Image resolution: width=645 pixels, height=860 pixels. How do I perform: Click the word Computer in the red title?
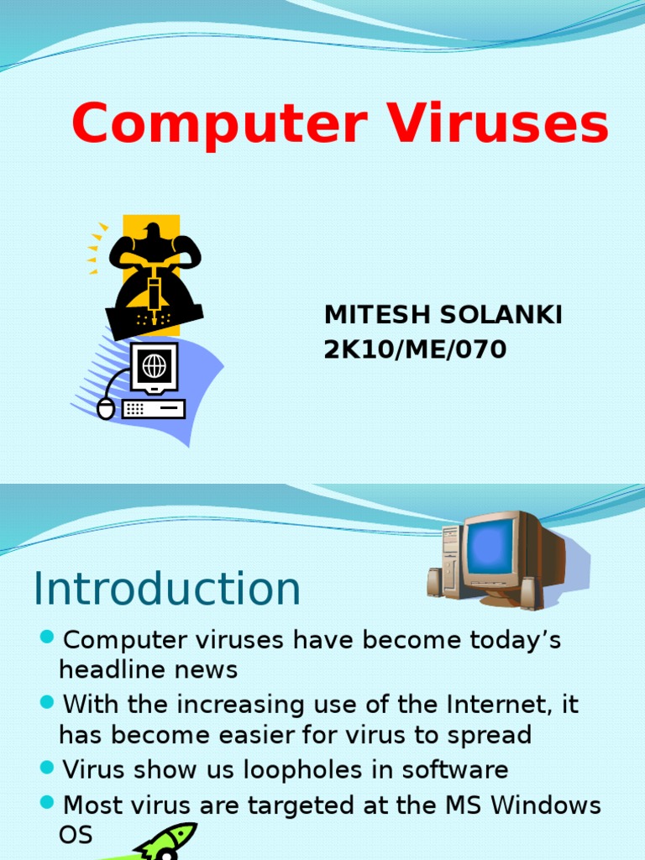219,124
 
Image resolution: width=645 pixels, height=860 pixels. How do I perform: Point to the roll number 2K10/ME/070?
416,349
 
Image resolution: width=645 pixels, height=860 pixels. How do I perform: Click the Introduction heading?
166,589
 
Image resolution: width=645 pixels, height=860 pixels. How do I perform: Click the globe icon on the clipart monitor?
154,365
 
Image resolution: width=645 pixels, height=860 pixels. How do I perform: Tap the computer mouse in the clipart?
106,408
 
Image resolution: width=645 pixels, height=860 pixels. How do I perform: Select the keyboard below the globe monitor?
153,409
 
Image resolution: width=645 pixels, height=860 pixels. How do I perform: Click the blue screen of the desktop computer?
490,546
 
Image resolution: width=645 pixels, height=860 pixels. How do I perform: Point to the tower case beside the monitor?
452,560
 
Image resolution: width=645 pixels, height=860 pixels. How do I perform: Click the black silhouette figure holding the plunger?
155,269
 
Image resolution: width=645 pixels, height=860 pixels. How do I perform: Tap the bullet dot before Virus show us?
47,767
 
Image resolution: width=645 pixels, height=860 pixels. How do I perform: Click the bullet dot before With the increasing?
47,701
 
